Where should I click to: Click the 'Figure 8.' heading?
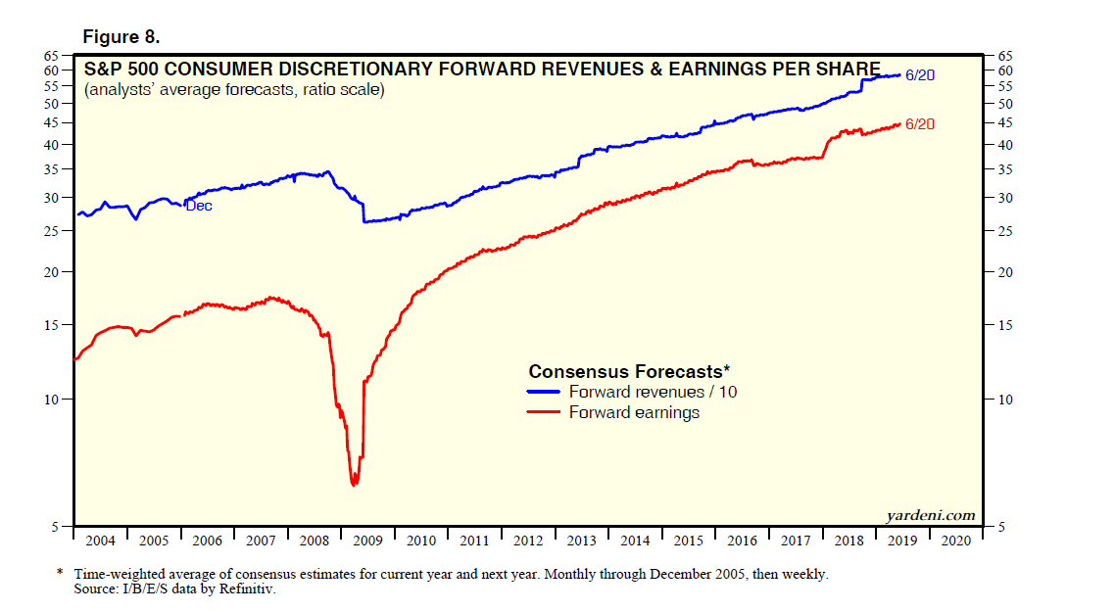[121, 37]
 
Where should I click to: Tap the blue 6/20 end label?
[921, 74]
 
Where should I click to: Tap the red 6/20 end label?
[921, 124]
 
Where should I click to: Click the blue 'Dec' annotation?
[199, 206]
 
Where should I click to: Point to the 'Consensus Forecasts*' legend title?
[629, 372]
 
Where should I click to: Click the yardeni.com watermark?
[931, 515]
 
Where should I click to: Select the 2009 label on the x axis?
[367, 540]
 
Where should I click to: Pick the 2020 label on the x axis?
[956, 540]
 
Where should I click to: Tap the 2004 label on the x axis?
[100, 540]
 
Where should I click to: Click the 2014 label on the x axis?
[635, 540]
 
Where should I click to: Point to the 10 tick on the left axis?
[53, 400]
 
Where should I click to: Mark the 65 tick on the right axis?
[1004, 57]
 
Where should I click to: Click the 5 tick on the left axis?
[57, 527]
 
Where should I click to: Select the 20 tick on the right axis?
[1004, 272]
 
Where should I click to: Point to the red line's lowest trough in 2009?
[354, 483]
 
